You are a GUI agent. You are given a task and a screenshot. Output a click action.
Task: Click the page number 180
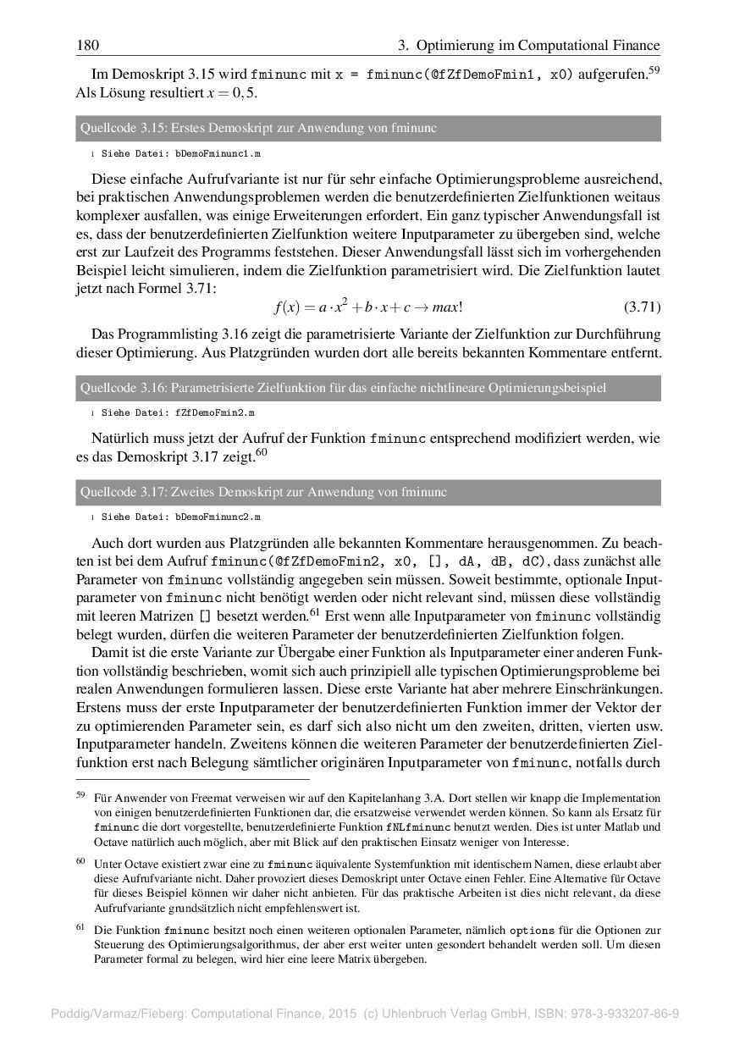point(88,45)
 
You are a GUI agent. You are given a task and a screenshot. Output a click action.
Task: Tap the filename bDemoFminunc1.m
point(218,154)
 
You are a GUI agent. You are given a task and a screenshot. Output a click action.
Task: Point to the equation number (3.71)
point(641,306)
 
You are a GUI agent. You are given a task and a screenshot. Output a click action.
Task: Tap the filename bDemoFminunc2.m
point(218,517)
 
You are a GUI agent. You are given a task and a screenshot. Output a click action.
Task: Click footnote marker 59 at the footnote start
point(80,796)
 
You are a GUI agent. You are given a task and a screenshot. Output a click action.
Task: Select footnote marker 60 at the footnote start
point(80,861)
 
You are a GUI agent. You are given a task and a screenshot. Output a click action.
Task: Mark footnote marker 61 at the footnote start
point(80,927)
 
